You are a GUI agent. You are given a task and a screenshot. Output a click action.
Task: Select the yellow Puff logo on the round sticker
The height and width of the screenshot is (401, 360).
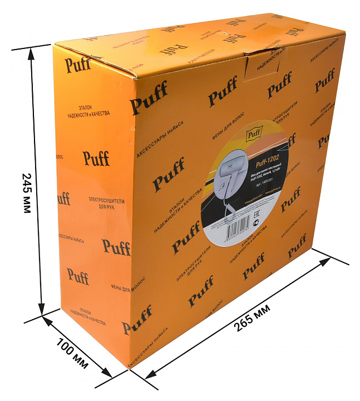pyautogui.click(x=254, y=133)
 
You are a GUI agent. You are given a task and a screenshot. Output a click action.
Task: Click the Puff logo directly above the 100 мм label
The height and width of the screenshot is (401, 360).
pyautogui.click(x=78, y=275)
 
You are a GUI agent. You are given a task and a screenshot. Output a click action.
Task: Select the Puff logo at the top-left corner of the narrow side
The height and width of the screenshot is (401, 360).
pyautogui.click(x=78, y=65)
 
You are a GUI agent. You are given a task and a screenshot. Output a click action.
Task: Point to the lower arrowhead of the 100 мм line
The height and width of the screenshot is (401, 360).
pyautogui.click(x=108, y=375)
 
